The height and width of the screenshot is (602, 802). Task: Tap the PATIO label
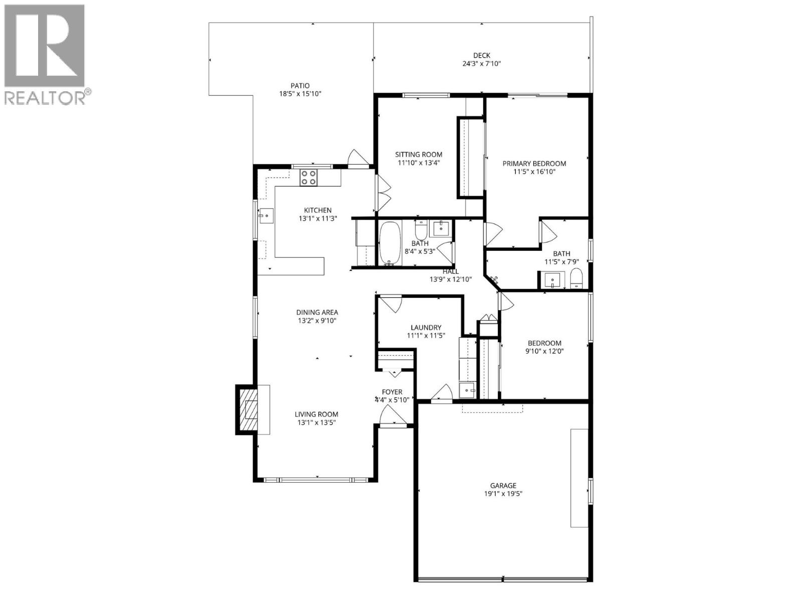pyautogui.click(x=300, y=86)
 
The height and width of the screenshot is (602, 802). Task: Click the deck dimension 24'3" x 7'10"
pyautogui.click(x=482, y=64)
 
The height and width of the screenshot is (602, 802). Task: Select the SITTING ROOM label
pyautogui.click(x=419, y=155)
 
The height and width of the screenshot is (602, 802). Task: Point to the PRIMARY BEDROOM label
pyautogui.click(x=534, y=164)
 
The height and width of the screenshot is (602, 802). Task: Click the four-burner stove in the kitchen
pyautogui.click(x=308, y=178)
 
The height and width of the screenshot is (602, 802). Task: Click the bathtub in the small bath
pyautogui.click(x=389, y=243)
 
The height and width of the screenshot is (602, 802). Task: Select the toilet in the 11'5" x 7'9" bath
pyautogui.click(x=576, y=279)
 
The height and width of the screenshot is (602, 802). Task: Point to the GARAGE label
pyautogui.click(x=503, y=486)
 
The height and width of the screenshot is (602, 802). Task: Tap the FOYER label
pyautogui.click(x=392, y=392)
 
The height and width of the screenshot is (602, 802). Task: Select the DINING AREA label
pyautogui.click(x=317, y=312)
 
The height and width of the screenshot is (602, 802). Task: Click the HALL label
pyautogui.click(x=450, y=271)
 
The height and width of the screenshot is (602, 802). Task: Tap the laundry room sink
pyautogui.click(x=468, y=390)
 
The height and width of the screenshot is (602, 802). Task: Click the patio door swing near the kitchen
pyautogui.click(x=359, y=157)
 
